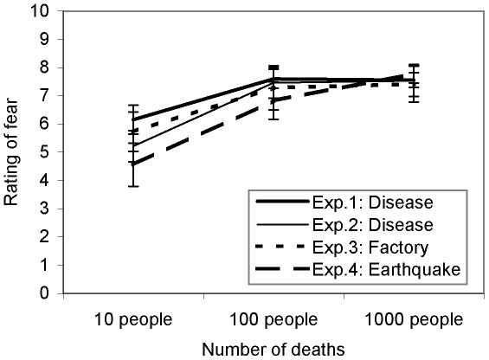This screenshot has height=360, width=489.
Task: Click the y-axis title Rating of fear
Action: pos(12,152)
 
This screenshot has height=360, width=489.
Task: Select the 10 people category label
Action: pos(133,320)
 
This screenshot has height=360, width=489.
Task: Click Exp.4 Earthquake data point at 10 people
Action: pos(132,164)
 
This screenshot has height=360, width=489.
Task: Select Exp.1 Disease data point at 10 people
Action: pos(132,120)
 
